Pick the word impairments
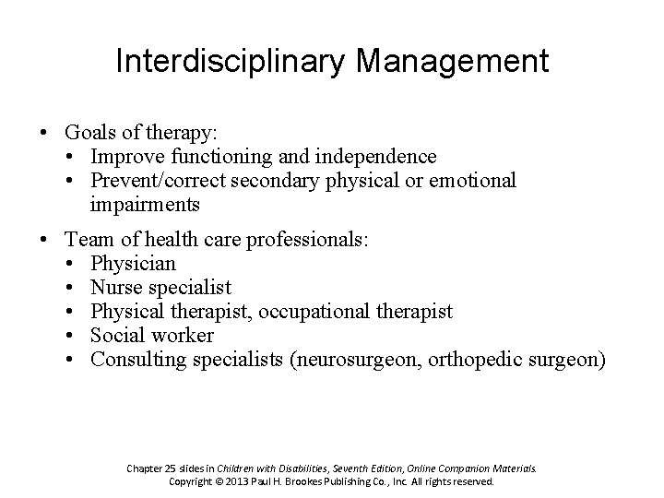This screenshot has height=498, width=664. (146, 203)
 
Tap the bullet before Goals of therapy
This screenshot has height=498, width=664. (44, 135)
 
